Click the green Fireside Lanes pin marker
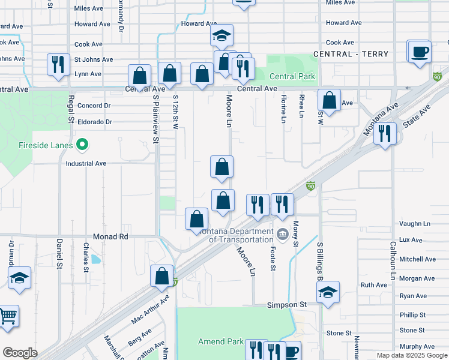(83, 145)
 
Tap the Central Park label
(292, 76)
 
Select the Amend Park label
(220, 341)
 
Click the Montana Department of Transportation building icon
(282, 233)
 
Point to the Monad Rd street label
(110, 237)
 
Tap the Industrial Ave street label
(86, 163)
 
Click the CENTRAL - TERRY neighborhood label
(351, 54)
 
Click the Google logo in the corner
(20, 353)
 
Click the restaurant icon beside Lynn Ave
(58, 64)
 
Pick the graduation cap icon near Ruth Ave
(328, 292)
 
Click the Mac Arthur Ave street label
(150, 310)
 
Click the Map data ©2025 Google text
(412, 355)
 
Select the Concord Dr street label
(94, 106)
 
